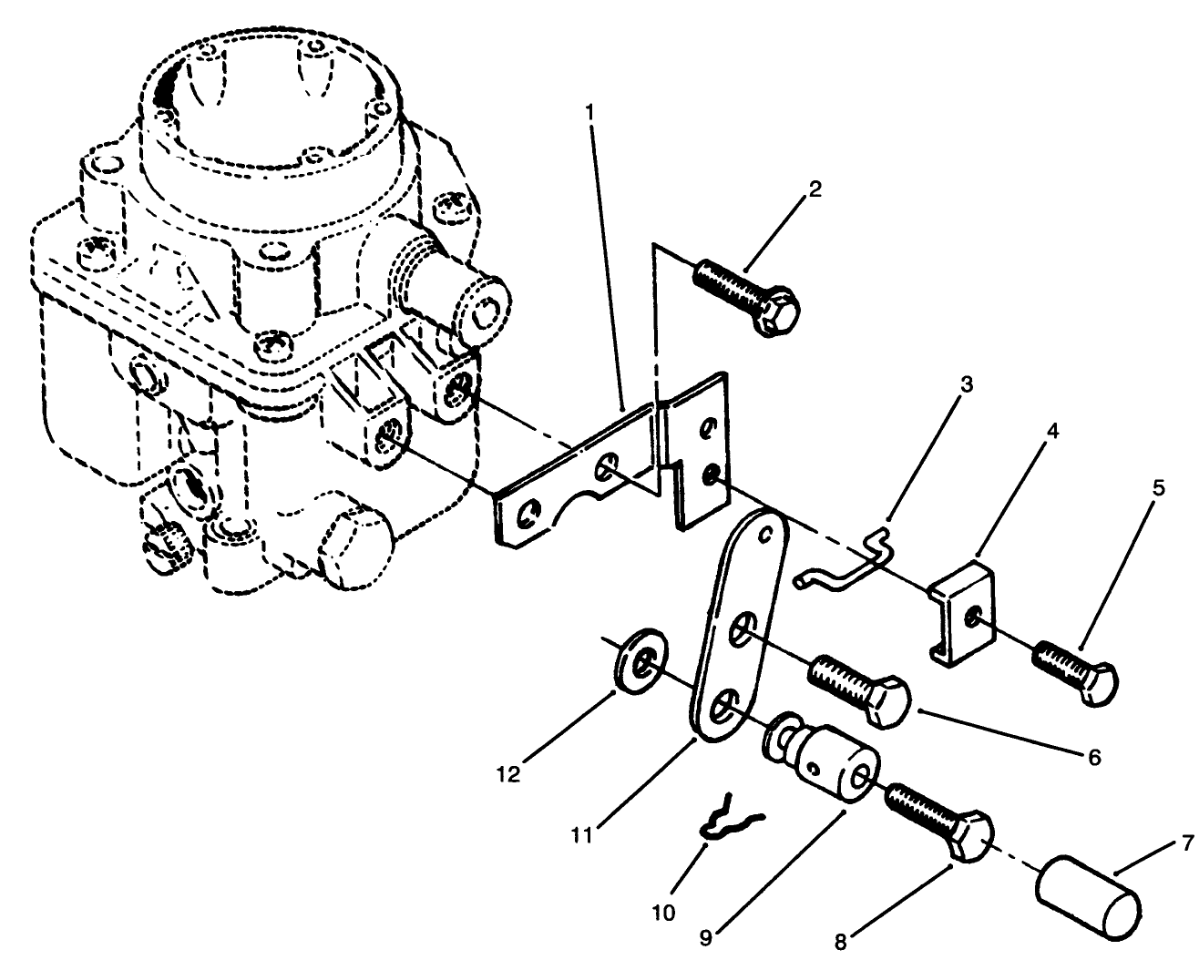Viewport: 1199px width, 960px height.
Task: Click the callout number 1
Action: [590, 112]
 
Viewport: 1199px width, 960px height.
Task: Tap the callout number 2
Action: [814, 189]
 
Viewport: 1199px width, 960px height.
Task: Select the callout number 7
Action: [1186, 843]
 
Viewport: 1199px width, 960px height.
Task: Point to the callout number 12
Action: [507, 774]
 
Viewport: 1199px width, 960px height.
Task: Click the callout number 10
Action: [664, 912]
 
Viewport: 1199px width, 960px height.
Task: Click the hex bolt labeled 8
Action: [938, 817]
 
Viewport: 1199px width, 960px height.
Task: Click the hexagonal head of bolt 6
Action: [888, 700]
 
